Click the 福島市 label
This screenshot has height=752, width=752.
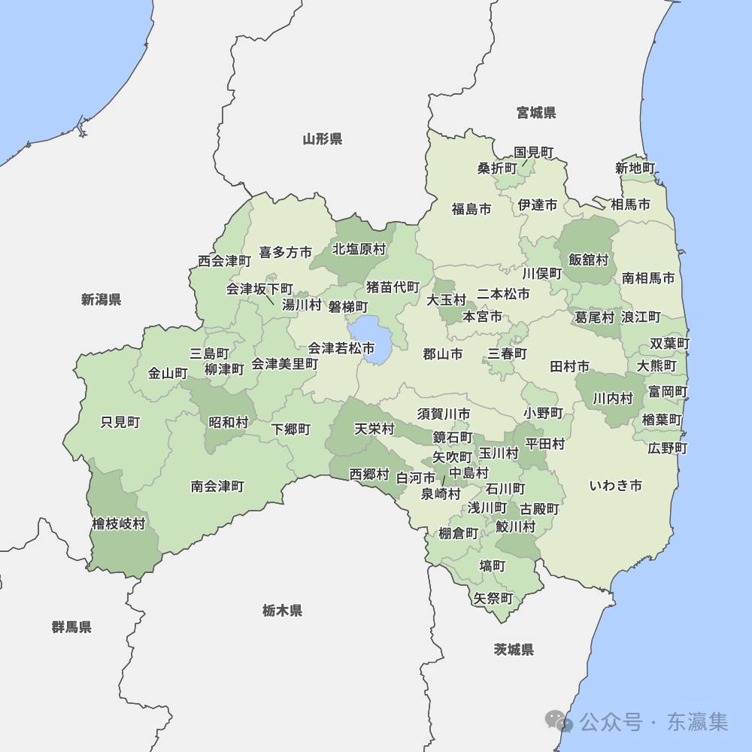(471, 209)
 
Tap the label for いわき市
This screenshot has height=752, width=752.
(615, 485)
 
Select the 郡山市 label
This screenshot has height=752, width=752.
(442, 353)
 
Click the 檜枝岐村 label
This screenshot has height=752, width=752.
(118, 523)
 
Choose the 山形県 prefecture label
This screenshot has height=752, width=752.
(323, 138)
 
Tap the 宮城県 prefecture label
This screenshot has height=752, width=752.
(536, 113)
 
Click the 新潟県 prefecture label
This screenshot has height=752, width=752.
(101, 299)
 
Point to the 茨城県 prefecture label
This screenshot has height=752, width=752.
(514, 649)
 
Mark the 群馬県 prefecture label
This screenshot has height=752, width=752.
(71, 626)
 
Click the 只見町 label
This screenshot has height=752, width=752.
(120, 422)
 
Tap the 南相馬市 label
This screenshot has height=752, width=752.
(647, 277)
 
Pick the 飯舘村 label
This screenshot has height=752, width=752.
(588, 259)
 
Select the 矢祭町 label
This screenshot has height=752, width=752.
(493, 599)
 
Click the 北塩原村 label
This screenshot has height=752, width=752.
(359, 248)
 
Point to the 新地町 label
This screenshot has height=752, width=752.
(635, 168)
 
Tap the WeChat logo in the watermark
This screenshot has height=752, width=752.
(560, 721)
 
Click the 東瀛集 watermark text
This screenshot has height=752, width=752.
(697, 722)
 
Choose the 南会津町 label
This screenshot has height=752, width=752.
(217, 487)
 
